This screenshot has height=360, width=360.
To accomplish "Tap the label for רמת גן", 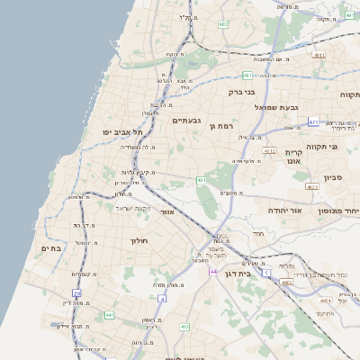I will coord(221,127).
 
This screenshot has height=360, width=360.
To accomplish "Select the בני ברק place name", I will coord(242,91).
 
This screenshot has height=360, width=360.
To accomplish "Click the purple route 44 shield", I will coord(213,271).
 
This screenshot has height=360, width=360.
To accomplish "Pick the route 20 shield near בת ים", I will coord(77,293).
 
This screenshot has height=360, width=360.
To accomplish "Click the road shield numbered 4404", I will coord(325,301).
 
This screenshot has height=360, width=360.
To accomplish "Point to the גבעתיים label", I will coord(186,121).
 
